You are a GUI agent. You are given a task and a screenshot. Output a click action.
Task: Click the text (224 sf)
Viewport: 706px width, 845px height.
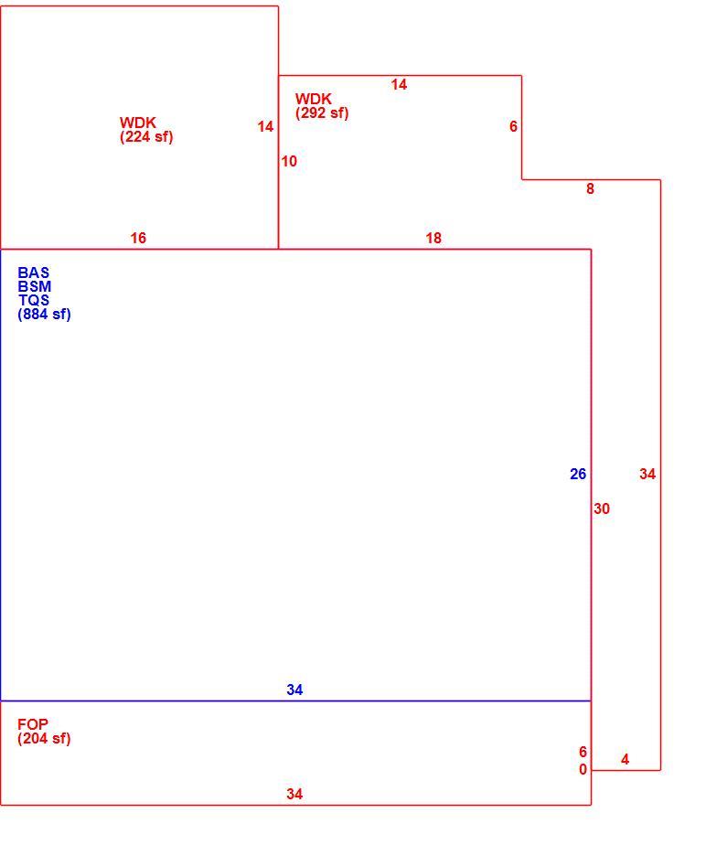coord(146,137)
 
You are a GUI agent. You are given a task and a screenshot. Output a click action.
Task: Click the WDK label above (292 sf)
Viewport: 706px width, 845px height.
coord(313,99)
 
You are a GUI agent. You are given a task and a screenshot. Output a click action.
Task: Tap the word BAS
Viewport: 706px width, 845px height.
coord(34,273)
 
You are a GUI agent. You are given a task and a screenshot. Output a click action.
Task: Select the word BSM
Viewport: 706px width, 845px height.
coord(35,287)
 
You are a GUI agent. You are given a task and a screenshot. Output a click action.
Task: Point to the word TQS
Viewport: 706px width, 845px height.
coord(34,300)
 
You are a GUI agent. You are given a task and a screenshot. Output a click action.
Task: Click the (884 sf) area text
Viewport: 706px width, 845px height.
coord(44,315)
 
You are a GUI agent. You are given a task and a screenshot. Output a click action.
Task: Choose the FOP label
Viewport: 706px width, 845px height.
coord(33,724)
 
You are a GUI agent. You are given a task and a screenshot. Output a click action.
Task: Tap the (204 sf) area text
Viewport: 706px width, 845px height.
coord(44,738)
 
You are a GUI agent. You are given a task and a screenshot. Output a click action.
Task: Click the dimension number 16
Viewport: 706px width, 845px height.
coord(138,238)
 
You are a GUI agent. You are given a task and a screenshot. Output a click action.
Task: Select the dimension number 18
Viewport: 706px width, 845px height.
coord(433,238)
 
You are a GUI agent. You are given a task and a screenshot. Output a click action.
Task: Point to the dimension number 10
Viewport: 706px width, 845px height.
coord(289,161)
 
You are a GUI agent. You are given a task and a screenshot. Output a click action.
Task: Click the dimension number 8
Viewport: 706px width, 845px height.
coord(590,188)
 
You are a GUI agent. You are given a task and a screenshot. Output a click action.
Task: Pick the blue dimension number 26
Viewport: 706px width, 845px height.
coord(578,474)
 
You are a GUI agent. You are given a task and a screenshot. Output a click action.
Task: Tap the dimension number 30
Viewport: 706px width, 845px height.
coord(602,508)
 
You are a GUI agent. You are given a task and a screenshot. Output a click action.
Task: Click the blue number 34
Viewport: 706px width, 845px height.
coord(294,690)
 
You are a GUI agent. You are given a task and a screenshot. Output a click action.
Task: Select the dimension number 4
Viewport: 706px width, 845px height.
coord(625,759)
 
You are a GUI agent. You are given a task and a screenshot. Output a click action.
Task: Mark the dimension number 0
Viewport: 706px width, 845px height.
coord(583,770)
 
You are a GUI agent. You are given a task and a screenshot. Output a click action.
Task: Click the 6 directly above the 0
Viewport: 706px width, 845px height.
coord(583,752)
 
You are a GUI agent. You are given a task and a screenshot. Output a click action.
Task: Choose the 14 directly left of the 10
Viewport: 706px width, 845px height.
coord(265,126)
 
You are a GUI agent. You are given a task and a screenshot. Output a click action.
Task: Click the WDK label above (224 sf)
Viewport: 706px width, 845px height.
coord(138,123)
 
